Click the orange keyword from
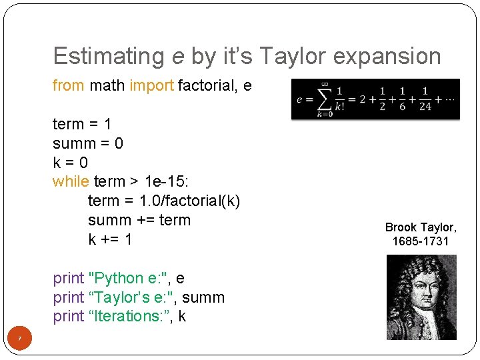coord(68,86)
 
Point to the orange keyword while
coord(71,182)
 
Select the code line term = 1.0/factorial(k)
coord(164,201)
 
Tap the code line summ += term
coord(139,220)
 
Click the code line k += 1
coord(111,239)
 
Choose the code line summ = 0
coord(88,143)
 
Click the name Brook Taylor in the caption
coord(421,227)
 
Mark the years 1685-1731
coord(421,241)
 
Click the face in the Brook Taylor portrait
coord(423,293)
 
